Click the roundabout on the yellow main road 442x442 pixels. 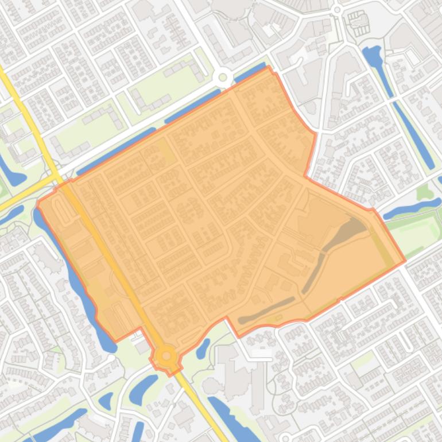pos(166,356)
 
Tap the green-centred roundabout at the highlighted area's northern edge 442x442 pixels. pos(222,77)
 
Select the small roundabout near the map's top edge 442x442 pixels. pos(338,10)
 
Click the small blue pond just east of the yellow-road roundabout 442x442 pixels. pos(203,348)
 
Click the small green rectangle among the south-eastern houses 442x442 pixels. pos(362,360)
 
